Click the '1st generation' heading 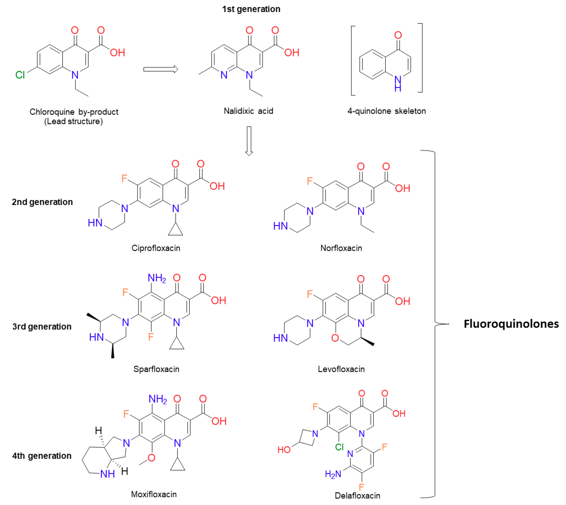click(x=251, y=9)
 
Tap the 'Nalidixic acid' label click(x=248, y=111)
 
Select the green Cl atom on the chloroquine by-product click(x=20, y=75)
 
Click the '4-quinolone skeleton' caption click(x=386, y=111)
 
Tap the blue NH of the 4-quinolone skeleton click(x=398, y=83)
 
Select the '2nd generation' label click(x=42, y=202)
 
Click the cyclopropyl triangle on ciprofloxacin click(x=175, y=231)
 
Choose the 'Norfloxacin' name click(x=341, y=248)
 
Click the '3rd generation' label click(x=42, y=327)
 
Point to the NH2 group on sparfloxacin click(x=157, y=278)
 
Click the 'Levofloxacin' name click(x=341, y=369)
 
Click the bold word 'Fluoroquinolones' click(x=511, y=324)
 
